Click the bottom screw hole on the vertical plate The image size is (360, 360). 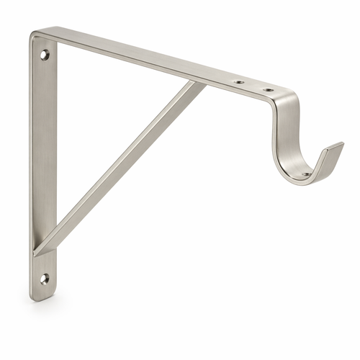point(45,277)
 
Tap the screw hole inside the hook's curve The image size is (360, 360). point(305,174)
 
